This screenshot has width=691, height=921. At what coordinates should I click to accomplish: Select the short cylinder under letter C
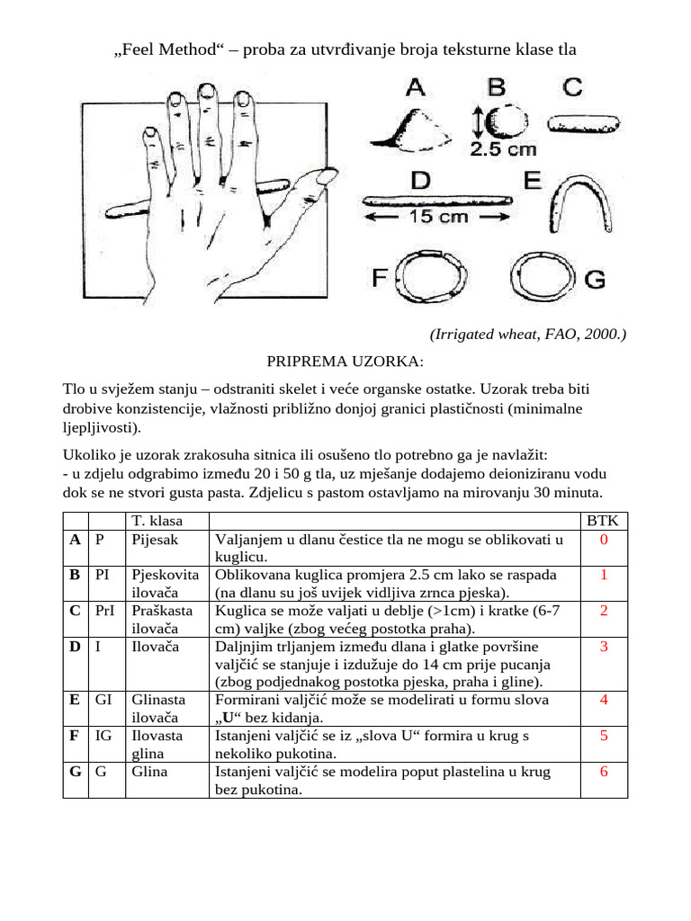[583, 121]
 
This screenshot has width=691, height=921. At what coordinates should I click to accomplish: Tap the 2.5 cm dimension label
[501, 149]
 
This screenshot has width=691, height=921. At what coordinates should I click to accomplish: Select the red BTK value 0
[604, 540]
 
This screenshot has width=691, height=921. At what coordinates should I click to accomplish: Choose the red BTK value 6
[604, 772]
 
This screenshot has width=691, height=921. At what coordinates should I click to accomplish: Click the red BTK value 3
[604, 646]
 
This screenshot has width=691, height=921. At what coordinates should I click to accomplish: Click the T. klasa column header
[157, 521]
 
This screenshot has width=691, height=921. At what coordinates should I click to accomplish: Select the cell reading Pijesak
[155, 540]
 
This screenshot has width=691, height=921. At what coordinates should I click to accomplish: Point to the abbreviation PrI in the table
[105, 611]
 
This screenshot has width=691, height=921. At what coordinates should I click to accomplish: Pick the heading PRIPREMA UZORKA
[345, 362]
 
